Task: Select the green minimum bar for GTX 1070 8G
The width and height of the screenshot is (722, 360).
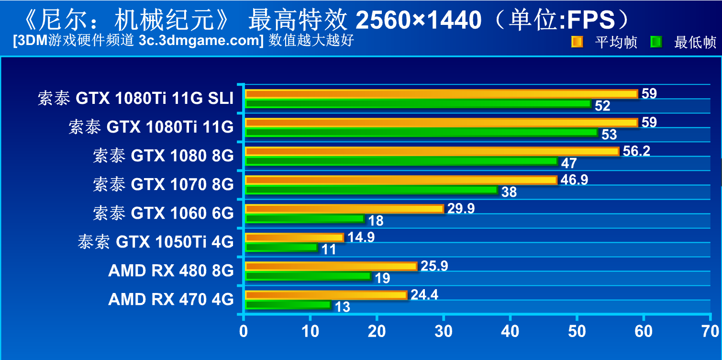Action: tap(371, 190)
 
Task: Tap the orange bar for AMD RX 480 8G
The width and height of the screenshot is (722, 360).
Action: tap(331, 266)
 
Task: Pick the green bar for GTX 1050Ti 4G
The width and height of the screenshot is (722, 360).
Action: tap(281, 247)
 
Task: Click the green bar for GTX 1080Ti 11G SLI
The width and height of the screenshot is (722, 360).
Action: tap(418, 103)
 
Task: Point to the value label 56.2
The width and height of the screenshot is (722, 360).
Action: tap(636, 151)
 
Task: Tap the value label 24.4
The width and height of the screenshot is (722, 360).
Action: tap(424, 295)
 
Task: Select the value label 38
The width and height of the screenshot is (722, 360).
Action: tap(509, 192)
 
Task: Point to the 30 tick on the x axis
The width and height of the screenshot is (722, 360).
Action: tap(444, 331)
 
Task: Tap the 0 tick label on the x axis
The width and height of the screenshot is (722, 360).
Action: tap(244, 331)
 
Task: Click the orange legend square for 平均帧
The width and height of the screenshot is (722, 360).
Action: tap(577, 42)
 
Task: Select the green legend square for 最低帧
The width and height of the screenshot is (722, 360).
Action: tap(656, 42)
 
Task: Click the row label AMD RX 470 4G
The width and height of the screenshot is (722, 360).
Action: tap(171, 299)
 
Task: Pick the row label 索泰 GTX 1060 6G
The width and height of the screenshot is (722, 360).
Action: tap(163, 213)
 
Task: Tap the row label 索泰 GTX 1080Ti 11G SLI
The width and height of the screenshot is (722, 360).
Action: tap(136, 99)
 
